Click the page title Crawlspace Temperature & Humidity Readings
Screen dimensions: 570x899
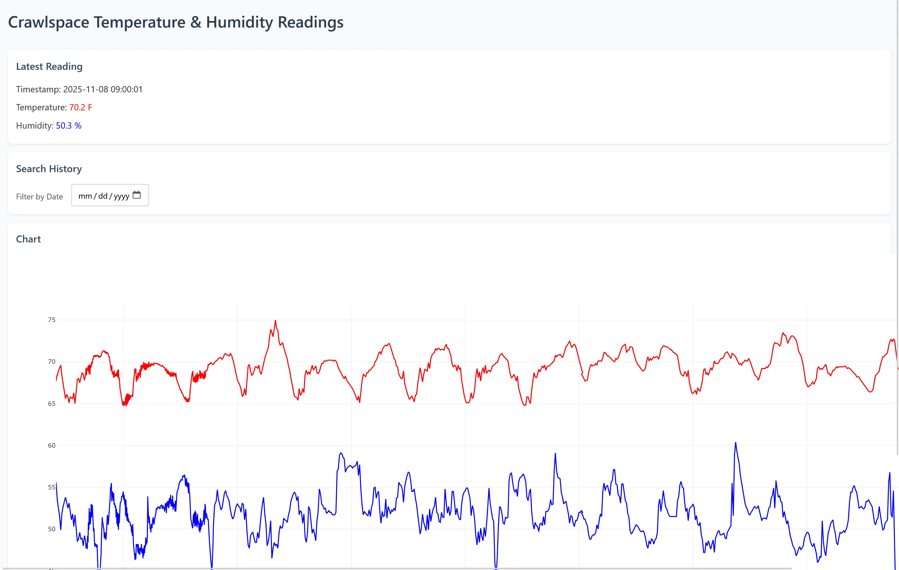[x=175, y=23]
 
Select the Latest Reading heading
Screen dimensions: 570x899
[x=49, y=67]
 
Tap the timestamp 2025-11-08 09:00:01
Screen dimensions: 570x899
[x=103, y=90]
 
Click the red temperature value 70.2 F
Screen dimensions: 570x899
[x=81, y=108]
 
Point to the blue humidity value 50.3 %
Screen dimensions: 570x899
[x=69, y=126]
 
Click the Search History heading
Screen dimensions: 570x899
[x=49, y=169]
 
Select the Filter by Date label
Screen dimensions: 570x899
[x=40, y=197]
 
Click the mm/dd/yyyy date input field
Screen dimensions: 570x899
[x=104, y=196]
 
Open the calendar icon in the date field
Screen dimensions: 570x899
[x=137, y=195]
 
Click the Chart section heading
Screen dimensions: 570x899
[x=28, y=239]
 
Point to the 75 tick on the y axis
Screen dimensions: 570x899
[x=52, y=320]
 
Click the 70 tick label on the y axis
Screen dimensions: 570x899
[x=52, y=362]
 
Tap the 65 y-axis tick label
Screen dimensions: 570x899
[x=52, y=404]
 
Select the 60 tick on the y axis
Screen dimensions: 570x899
[x=52, y=445]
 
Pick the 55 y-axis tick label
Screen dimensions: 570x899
[x=52, y=487]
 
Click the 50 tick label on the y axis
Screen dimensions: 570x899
[x=52, y=529]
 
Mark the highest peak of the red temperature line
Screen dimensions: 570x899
[x=276, y=321]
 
